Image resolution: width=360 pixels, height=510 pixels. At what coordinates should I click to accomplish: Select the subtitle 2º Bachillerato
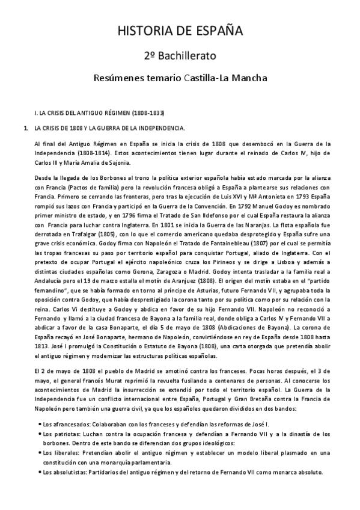coord(180,55)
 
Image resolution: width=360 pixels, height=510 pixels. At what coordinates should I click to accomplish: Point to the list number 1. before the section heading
coord(25,128)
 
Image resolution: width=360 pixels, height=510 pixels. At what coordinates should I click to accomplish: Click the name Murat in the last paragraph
coord(111,376)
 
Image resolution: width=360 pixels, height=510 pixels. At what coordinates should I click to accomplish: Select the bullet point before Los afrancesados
coord(39,424)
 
